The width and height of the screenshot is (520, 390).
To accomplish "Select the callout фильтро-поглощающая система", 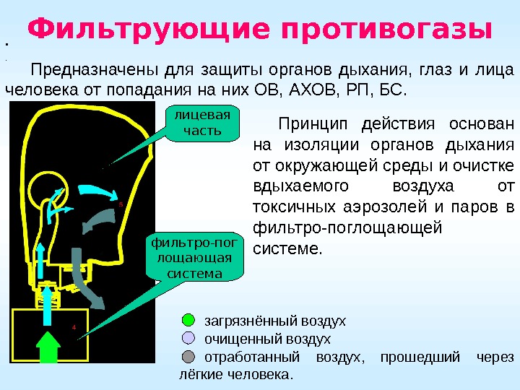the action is tap(194, 256).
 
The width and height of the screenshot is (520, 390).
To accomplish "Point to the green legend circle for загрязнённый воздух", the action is tap(188, 320).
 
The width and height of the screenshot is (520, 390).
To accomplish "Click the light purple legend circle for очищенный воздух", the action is tap(188, 338).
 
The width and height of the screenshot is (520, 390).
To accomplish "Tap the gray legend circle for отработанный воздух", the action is tap(188, 357).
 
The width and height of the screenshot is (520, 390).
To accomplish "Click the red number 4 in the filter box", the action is tap(74, 326).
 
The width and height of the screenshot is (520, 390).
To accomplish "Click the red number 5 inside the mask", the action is tap(121, 204).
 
